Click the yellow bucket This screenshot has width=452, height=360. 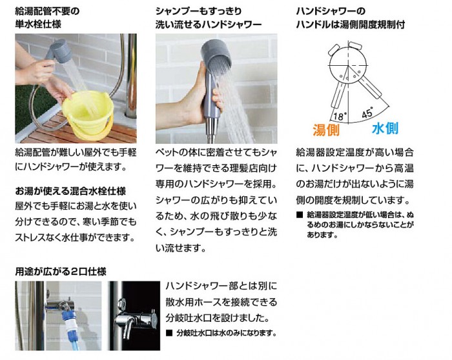pyautogui.click(x=87, y=115)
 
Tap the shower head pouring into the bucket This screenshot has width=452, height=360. pyautogui.click(x=61, y=51)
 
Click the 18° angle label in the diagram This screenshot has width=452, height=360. pyautogui.click(x=338, y=116)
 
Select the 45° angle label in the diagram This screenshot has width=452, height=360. pyautogui.click(x=367, y=113)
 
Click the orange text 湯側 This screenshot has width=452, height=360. pyautogui.click(x=326, y=130)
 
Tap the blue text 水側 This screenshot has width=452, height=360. pyautogui.click(x=385, y=128)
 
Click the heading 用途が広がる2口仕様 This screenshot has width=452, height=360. pyautogui.click(x=61, y=272)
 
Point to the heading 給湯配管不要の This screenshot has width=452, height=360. pyautogui.click(x=47, y=12)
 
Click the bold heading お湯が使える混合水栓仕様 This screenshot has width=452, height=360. pyautogui.click(x=70, y=191)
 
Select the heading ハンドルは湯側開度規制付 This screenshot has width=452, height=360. pyautogui.click(x=350, y=25)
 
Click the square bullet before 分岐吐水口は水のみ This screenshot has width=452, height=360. pyautogui.click(x=169, y=333)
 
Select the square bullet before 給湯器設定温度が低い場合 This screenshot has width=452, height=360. pyautogui.click(x=300, y=215)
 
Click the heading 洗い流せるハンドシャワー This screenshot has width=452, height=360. pyautogui.click(x=209, y=25)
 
